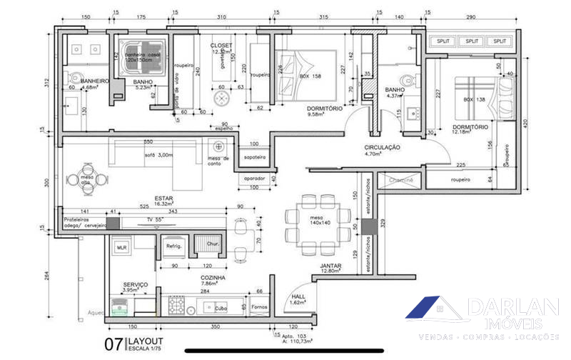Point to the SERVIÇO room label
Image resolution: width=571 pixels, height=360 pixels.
click(135, 284)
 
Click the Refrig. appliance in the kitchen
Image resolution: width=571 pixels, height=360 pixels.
click(175, 246)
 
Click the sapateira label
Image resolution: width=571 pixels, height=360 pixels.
click(255, 157)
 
